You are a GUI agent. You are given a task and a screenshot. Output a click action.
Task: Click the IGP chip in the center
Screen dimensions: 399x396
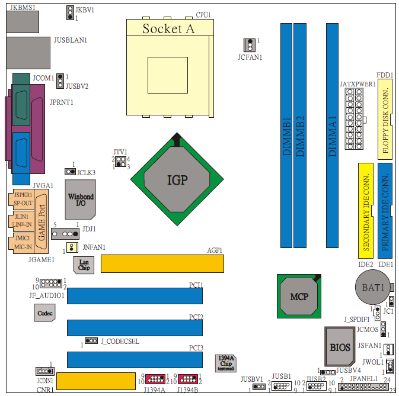coord(177,179)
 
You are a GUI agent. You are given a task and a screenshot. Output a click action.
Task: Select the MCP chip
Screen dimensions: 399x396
coord(299,296)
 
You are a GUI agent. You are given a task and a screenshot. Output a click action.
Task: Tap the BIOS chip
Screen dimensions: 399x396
coord(340,346)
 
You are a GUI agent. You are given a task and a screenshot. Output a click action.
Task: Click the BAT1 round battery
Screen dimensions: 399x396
coord(373,287)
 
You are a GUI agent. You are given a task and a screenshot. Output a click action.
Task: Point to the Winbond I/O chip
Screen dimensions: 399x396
coord(81,199)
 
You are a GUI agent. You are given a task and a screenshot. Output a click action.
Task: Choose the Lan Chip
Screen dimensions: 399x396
coord(84,265)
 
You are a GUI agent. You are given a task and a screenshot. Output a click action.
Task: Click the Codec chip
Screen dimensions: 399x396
coord(45,313)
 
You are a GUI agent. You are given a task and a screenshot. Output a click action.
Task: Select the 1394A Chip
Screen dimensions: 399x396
coord(226,363)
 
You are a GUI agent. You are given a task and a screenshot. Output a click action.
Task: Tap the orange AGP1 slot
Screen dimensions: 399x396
coord(162,263)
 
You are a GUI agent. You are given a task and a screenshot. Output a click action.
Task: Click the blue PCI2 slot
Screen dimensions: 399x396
coord(135,328)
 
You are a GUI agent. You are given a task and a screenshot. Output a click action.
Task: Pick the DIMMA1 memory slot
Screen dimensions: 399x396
coord(333,136)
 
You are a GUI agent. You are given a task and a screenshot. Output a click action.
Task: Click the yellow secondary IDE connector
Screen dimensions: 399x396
coord(366,211)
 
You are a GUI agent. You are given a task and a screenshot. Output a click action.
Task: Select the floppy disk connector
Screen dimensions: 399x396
coord(385,119)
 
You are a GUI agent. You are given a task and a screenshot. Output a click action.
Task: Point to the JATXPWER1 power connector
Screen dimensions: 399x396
coord(354,118)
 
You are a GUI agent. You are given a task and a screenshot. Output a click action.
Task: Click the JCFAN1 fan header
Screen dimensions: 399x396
coord(250,45)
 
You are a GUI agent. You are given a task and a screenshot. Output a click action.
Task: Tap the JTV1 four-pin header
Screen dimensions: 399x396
coord(120,162)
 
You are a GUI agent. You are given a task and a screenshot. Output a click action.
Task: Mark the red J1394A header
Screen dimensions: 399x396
coord(155,379)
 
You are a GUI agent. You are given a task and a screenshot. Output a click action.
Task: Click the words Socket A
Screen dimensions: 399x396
coord(168,28)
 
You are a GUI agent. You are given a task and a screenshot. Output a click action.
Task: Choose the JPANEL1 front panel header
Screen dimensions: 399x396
coord(363,387)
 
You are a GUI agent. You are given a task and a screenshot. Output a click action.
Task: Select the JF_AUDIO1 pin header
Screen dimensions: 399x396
coord(51,283)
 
